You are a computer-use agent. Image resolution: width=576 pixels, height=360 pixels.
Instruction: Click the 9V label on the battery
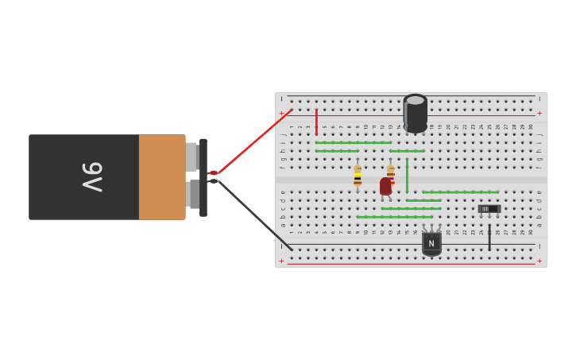(x=92, y=176)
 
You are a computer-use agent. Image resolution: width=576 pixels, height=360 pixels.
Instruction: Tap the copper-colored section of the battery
(x=162, y=176)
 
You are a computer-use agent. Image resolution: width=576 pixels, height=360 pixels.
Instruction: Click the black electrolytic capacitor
(x=415, y=114)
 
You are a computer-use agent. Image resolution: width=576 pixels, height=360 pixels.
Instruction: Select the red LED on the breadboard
(x=385, y=186)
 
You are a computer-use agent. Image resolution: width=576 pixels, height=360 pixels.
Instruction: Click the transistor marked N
(x=431, y=242)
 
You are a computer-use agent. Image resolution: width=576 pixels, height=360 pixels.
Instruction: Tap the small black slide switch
(x=489, y=209)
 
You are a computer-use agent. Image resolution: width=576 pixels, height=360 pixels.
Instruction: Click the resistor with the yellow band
(x=358, y=176)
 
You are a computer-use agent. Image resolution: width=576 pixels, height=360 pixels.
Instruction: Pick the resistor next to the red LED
(x=391, y=173)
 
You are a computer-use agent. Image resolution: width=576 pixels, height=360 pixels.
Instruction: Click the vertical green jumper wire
(x=407, y=175)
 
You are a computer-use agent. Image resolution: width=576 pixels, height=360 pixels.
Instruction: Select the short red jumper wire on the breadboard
(x=316, y=122)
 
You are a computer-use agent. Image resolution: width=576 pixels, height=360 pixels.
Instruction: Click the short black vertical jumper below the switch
(x=489, y=237)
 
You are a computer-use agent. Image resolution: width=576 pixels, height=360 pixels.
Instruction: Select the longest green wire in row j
(x=353, y=142)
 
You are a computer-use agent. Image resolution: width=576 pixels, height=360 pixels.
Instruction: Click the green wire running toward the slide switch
(x=461, y=192)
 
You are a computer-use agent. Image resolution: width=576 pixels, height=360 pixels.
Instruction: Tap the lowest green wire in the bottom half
(x=394, y=217)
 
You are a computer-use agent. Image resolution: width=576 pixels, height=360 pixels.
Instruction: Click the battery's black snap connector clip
(x=203, y=177)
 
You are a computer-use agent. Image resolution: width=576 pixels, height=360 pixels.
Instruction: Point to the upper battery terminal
(x=191, y=157)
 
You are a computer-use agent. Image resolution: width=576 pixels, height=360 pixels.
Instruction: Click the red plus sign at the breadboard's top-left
(x=281, y=114)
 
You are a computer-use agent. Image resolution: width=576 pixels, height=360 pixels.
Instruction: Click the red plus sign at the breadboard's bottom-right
(x=539, y=261)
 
